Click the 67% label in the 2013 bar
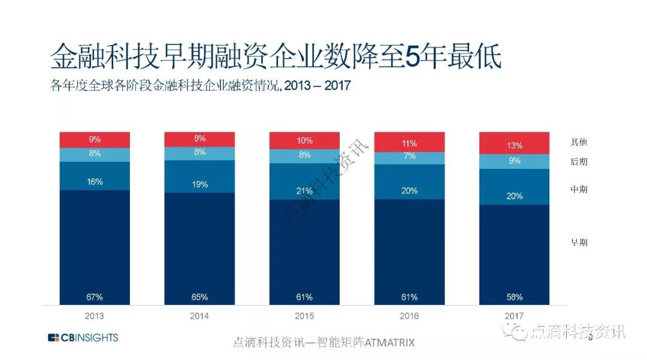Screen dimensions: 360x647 (x=95, y=297)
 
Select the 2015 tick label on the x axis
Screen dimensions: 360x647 (x=304, y=316)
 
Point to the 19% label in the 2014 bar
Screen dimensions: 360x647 (x=199, y=184)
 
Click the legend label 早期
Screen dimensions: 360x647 (x=579, y=243)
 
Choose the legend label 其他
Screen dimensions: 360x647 (x=579, y=143)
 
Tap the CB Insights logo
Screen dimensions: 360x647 (x=83, y=337)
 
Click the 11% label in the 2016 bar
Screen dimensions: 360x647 (x=410, y=144)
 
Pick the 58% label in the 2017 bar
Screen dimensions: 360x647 (x=514, y=297)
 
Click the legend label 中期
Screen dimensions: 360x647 (x=579, y=190)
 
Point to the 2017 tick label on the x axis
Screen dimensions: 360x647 (x=514, y=316)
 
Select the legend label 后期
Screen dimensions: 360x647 (x=579, y=162)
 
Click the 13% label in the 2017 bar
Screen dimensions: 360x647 (x=514, y=146)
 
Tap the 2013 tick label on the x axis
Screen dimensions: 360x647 (x=95, y=316)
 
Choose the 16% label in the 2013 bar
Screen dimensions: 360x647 (x=95, y=181)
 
